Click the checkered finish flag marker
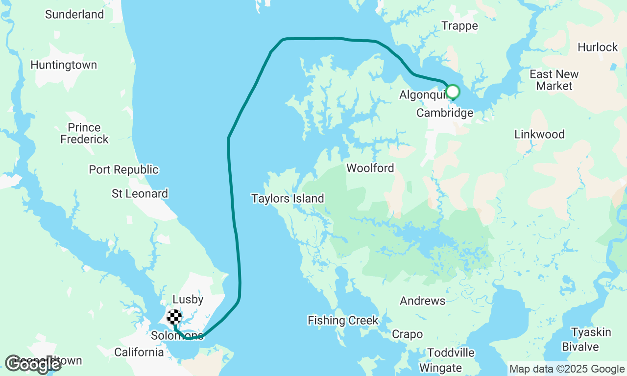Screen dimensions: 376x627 click(x=175, y=317)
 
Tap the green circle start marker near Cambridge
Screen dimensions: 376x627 click(x=453, y=92)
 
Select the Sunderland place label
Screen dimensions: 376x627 click(x=74, y=15)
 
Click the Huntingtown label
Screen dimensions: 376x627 click(x=64, y=65)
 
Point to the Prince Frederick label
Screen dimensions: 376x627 click(x=84, y=133)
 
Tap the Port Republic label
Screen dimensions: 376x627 click(x=123, y=170)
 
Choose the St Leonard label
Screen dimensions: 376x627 click(x=140, y=194)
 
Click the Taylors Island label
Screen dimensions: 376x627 click(x=288, y=198)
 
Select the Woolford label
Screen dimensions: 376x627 click(x=370, y=168)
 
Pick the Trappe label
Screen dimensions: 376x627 click(x=459, y=26)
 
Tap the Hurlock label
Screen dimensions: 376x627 click(x=598, y=47)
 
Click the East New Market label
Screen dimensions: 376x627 click(x=554, y=80)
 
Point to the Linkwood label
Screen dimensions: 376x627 click(x=539, y=134)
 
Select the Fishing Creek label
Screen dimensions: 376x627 click(x=343, y=321)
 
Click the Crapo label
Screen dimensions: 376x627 click(x=407, y=334)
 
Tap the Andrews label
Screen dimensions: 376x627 click(x=422, y=301)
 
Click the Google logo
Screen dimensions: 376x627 click(x=33, y=364)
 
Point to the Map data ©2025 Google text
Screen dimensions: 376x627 click(x=567, y=369)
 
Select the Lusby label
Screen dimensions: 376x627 click(x=188, y=300)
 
